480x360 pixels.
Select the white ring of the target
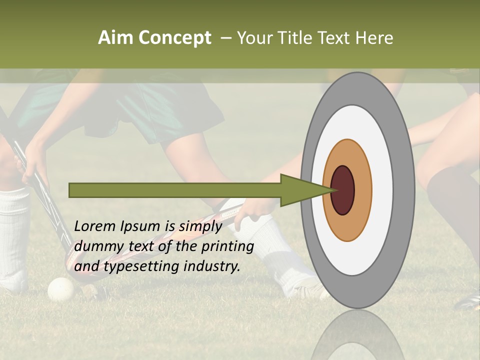[382, 190]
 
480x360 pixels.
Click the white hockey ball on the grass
[60, 288]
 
